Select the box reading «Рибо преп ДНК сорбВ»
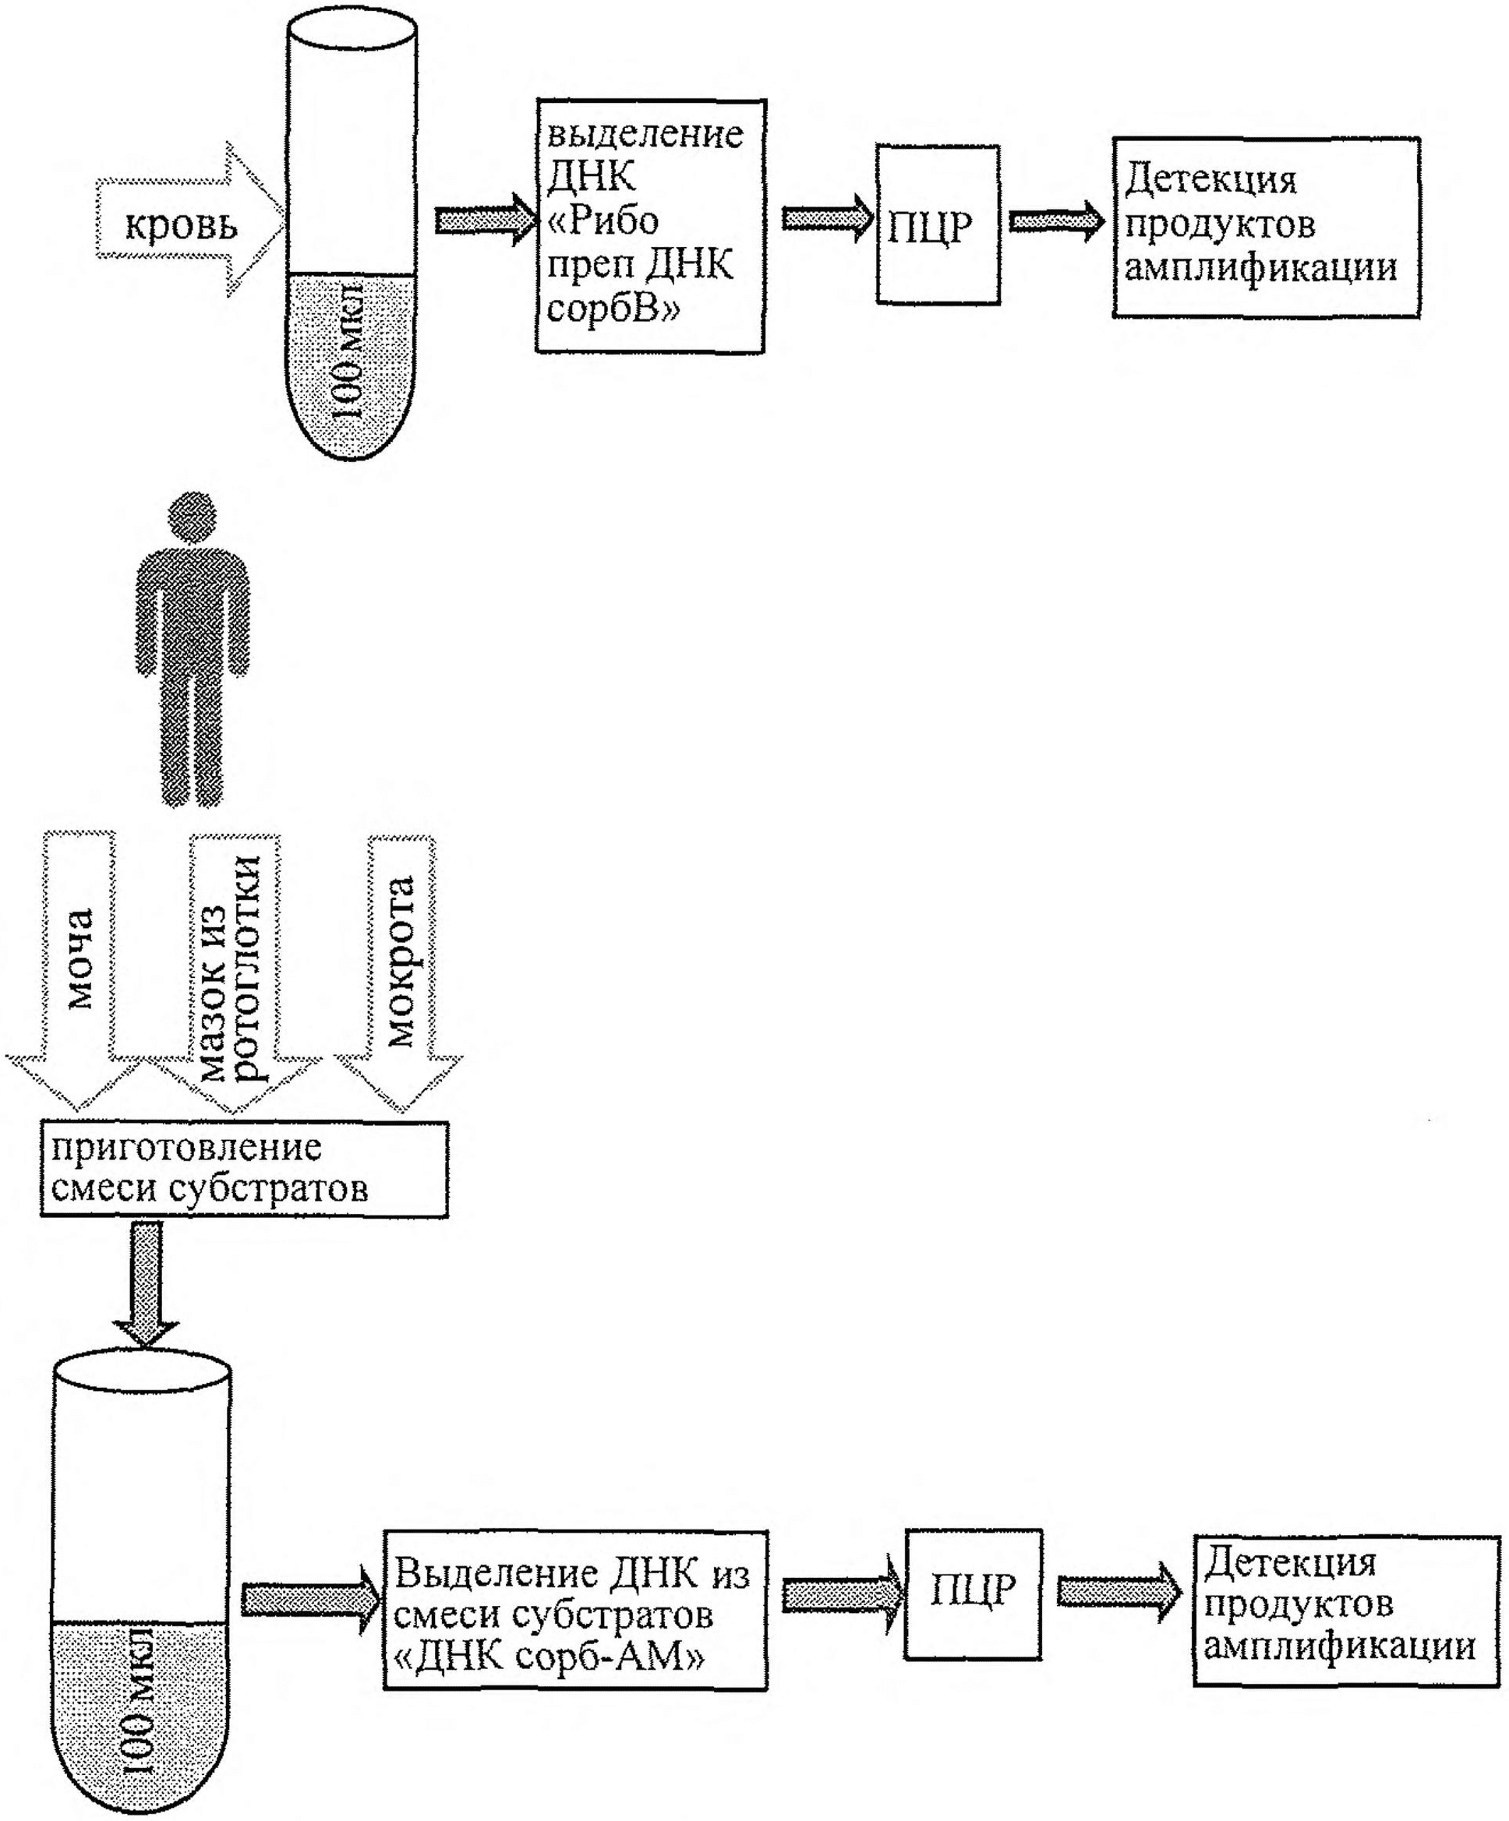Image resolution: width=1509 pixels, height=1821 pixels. [649, 226]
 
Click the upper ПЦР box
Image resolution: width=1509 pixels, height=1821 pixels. [938, 224]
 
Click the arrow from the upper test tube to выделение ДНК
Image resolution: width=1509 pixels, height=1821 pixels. [486, 221]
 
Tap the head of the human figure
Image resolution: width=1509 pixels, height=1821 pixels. [193, 517]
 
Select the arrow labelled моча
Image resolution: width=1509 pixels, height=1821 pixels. [78, 971]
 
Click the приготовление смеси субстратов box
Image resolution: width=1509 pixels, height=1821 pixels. [245, 1169]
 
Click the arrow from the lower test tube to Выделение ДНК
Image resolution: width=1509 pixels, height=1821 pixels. [310, 1599]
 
